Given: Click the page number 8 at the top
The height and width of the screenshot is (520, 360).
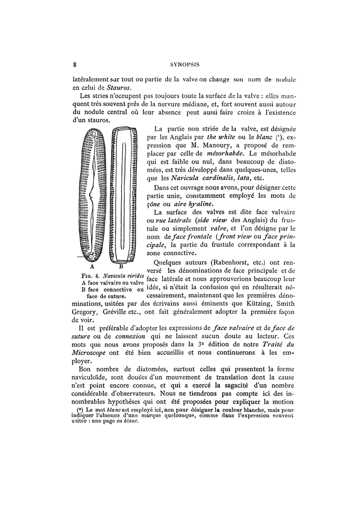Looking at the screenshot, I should [75, 65].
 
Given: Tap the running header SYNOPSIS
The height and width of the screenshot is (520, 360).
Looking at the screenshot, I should [185, 65].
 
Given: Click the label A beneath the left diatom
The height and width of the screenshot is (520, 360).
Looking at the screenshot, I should [92, 266].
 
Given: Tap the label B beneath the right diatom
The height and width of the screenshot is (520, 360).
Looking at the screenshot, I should [122, 266].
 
